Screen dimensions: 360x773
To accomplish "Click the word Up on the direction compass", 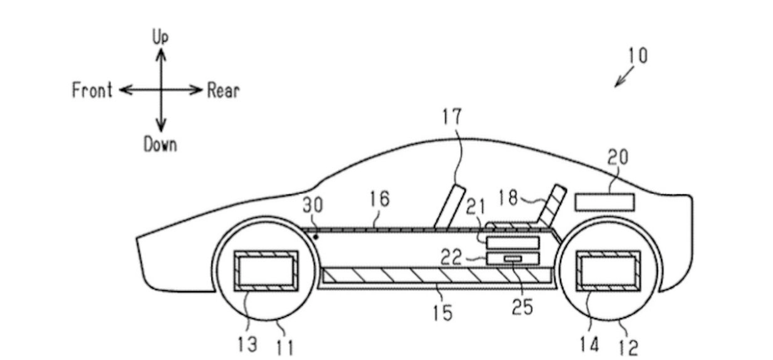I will pyautogui.click(x=161, y=38).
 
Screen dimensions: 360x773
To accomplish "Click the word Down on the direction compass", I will pyautogui.click(x=160, y=144).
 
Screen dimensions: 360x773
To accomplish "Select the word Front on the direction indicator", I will pyautogui.click(x=92, y=91).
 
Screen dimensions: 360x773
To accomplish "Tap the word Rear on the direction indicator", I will pyautogui.click(x=224, y=91).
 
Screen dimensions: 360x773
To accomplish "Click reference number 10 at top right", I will pyautogui.click(x=637, y=56).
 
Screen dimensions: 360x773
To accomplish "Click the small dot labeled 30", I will pyautogui.click(x=316, y=235).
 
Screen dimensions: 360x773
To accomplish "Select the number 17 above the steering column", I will pyautogui.click(x=453, y=116).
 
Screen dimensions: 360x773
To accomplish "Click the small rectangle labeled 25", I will pyautogui.click(x=513, y=259).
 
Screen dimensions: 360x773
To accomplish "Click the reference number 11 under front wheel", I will pyautogui.click(x=284, y=347).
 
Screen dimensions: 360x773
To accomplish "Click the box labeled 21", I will pyautogui.click(x=513, y=243).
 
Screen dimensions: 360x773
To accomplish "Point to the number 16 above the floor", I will pyautogui.click(x=378, y=199).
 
